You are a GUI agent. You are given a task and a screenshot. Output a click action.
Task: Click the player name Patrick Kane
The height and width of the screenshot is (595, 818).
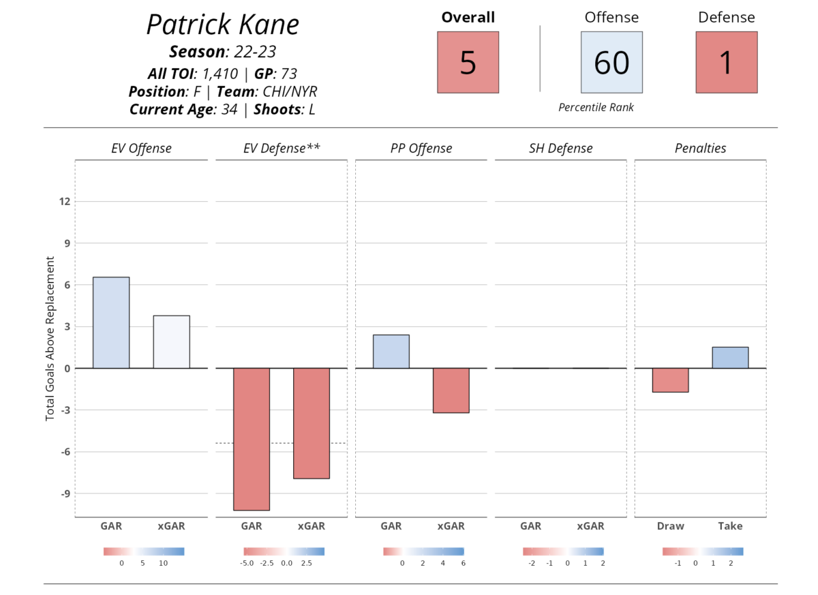pos(223,25)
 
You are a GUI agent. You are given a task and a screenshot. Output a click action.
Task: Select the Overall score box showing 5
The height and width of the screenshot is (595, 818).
pos(468,62)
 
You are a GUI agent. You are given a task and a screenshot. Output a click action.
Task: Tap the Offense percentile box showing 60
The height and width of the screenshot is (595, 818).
pos(611,62)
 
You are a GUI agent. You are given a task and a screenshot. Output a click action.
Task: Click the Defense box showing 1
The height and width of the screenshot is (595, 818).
pos(726,62)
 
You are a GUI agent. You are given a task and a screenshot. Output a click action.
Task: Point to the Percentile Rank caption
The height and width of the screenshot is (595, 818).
pos(596,107)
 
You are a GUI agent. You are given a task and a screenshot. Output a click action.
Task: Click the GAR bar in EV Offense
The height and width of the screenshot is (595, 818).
pos(111,322)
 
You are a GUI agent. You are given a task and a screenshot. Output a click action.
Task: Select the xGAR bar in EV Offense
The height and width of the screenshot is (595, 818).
pos(171,341)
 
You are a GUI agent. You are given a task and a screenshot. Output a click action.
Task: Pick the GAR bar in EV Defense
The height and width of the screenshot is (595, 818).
pos(252,439)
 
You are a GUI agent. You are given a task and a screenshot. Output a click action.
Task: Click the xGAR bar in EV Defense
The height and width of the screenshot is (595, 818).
pos(312,423)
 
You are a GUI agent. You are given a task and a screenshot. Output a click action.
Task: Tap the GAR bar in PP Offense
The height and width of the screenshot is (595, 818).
pos(391,351)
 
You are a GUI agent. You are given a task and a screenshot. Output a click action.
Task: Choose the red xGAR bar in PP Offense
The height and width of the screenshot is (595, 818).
pos(451,391)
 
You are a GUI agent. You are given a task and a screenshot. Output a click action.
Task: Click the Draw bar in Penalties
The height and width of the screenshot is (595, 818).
pos(670,380)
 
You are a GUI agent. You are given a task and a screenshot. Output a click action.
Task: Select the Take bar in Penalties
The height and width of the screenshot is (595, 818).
pos(730,358)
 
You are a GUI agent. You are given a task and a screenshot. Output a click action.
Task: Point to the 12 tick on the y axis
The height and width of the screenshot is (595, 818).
pos(65,202)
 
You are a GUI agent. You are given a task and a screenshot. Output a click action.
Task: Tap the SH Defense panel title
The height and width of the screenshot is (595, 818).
pos(560,148)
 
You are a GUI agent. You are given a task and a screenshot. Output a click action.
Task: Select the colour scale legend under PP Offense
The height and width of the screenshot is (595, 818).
pos(423,551)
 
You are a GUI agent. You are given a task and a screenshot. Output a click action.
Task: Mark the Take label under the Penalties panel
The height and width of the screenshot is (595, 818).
pos(730,526)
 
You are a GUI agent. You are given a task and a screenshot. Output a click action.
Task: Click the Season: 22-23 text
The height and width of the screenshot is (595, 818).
pos(222,52)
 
